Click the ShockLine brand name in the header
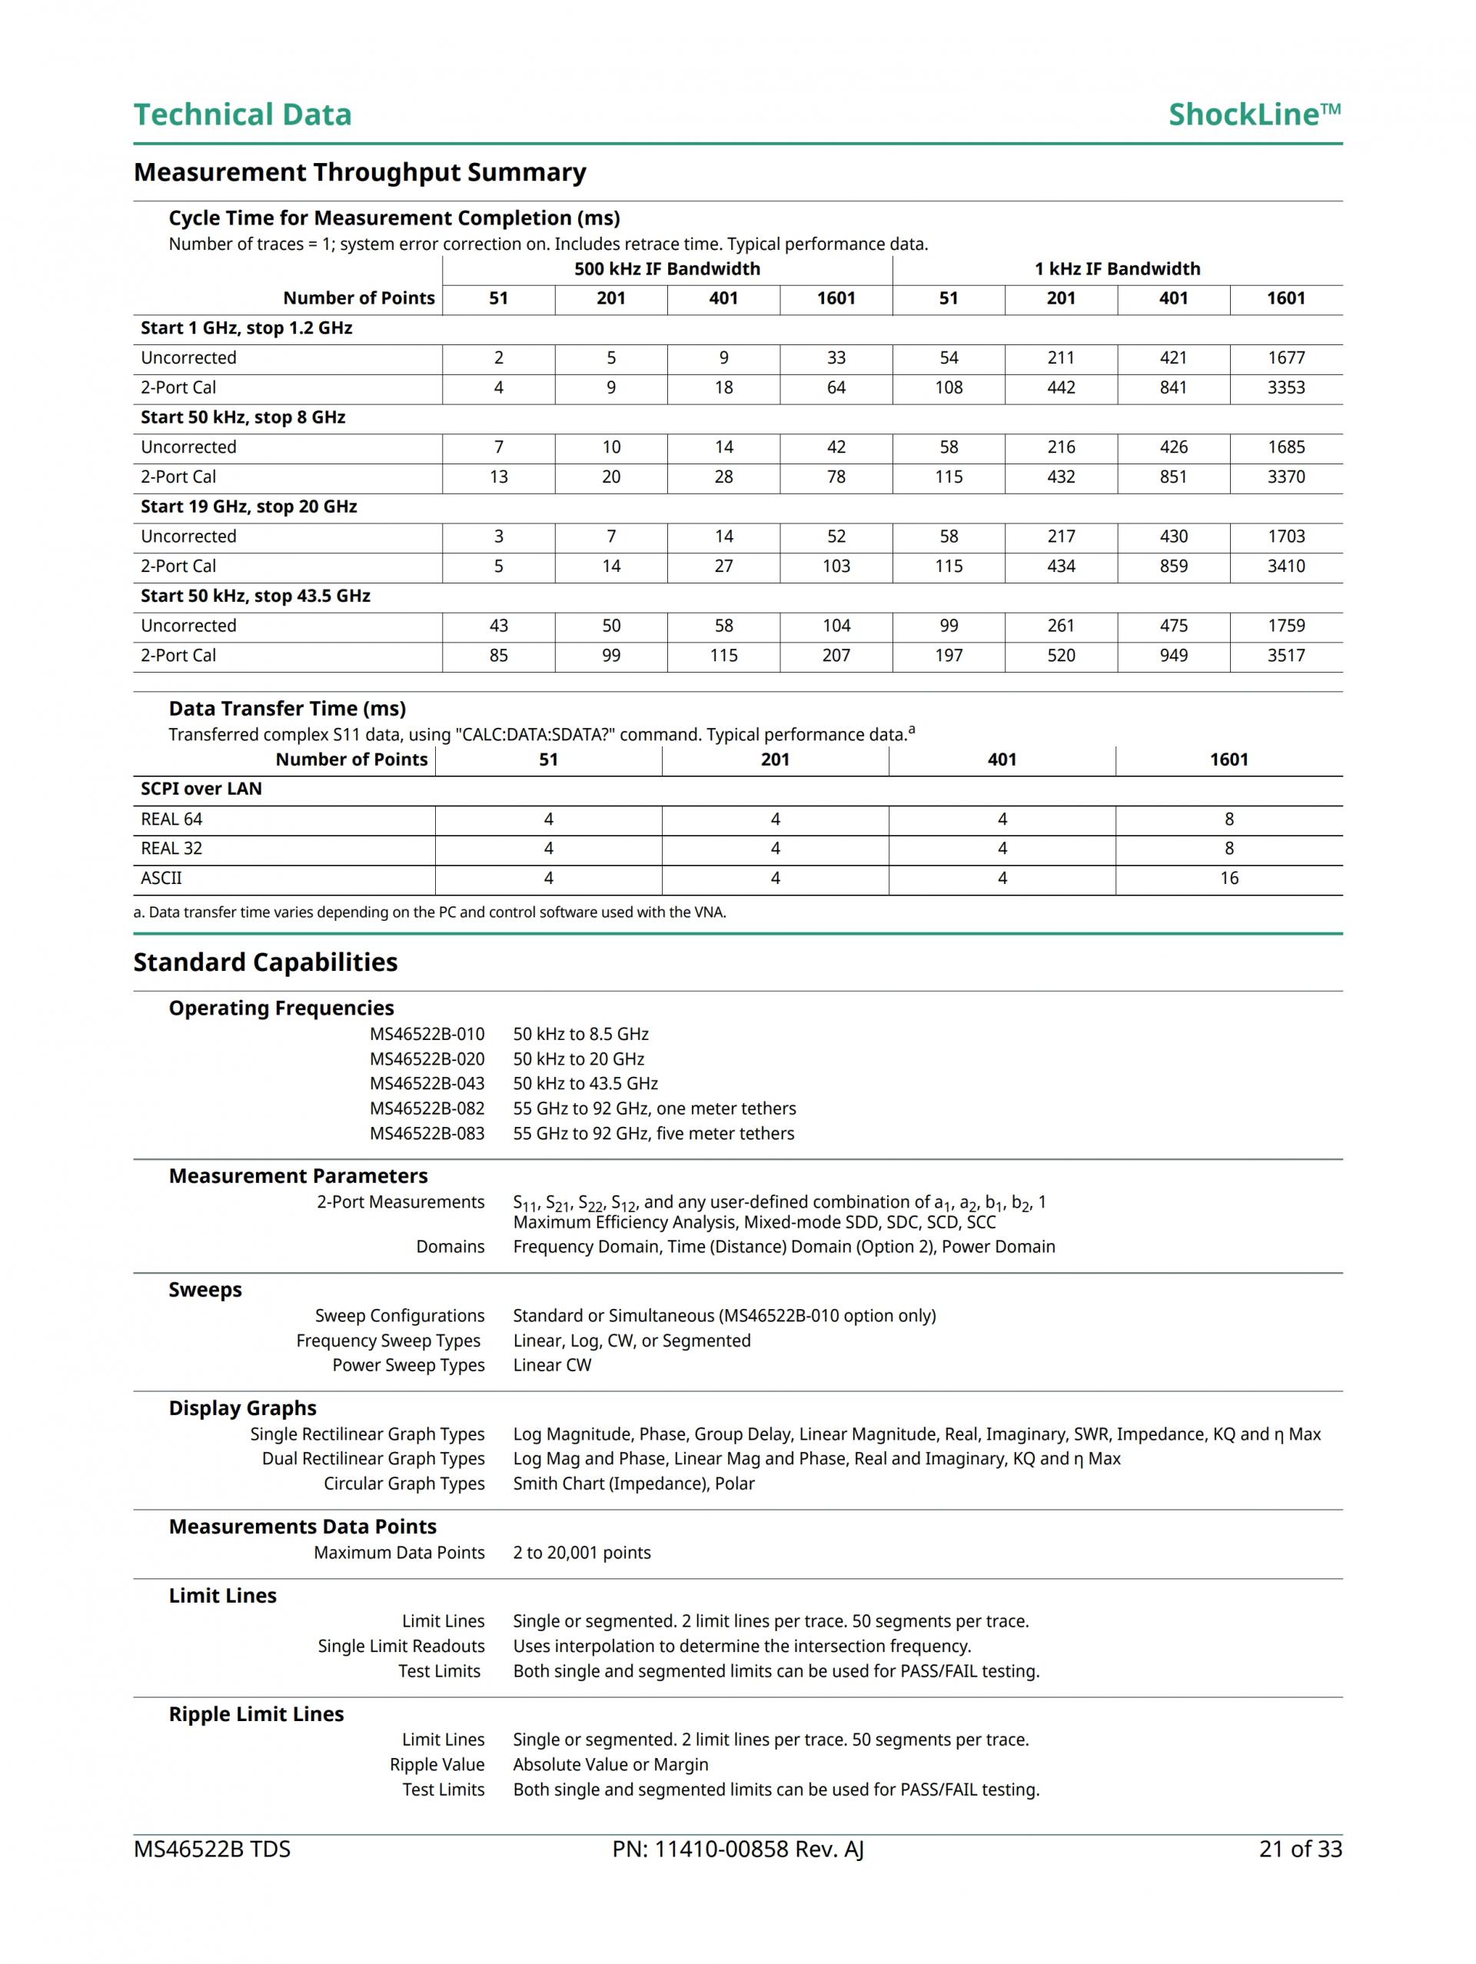(1253, 115)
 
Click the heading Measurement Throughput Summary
(360, 172)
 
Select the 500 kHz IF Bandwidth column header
(667, 269)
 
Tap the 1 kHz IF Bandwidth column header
(1117, 269)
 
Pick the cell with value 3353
(1286, 388)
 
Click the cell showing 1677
(1286, 357)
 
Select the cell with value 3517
(1286, 656)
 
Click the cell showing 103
(836, 567)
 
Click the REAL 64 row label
(171, 819)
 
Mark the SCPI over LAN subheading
(201, 789)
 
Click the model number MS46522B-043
(427, 1084)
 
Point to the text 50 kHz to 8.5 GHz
(581, 1035)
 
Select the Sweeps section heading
(205, 1290)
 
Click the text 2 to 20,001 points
(582, 1553)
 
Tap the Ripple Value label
(437, 1765)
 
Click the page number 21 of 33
(1300, 1849)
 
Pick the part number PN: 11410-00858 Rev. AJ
(738, 1849)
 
